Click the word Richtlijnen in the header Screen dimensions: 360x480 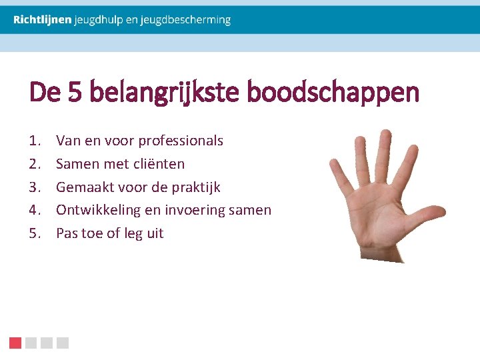(x=42, y=20)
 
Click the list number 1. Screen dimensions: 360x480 (x=34, y=141)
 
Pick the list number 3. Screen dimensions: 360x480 (x=34, y=187)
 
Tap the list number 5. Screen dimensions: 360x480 (x=34, y=233)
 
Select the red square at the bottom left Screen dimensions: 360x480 (x=15, y=343)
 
